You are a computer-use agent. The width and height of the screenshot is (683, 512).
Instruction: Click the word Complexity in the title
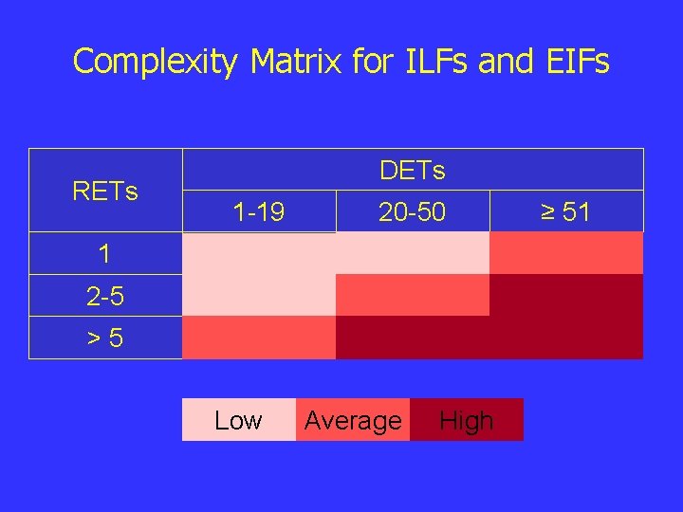[x=155, y=62]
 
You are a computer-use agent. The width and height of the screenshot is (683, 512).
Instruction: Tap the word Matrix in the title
[x=295, y=62]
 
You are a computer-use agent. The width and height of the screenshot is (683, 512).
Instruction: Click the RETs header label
[x=105, y=192]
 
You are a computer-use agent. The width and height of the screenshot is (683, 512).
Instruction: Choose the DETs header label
[x=412, y=171]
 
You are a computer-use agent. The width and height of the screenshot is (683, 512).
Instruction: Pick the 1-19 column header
[x=259, y=212]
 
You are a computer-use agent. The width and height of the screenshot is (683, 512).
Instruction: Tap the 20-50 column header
[x=412, y=212]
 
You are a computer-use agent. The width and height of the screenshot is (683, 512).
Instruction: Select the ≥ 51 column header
[x=565, y=212]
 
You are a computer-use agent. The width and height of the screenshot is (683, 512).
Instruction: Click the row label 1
[x=104, y=254]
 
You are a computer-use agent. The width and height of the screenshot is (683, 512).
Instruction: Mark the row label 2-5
[x=104, y=297]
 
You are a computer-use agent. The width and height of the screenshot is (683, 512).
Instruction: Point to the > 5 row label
[x=104, y=338]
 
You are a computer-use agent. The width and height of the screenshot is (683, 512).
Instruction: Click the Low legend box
[x=238, y=420]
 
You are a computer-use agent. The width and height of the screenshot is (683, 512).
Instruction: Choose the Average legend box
[x=353, y=420]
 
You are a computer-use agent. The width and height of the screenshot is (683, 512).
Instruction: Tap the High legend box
[x=467, y=420]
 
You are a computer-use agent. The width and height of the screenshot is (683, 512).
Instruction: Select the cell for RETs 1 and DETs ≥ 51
[x=565, y=253]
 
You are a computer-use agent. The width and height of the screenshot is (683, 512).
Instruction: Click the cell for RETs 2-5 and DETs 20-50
[x=412, y=295]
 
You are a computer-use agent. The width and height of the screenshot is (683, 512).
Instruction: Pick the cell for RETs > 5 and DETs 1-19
[x=259, y=338]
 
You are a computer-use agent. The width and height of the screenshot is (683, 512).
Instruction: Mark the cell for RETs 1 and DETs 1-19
[x=259, y=253]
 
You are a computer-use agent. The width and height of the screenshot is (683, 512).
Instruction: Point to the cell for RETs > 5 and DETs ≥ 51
[x=565, y=338]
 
